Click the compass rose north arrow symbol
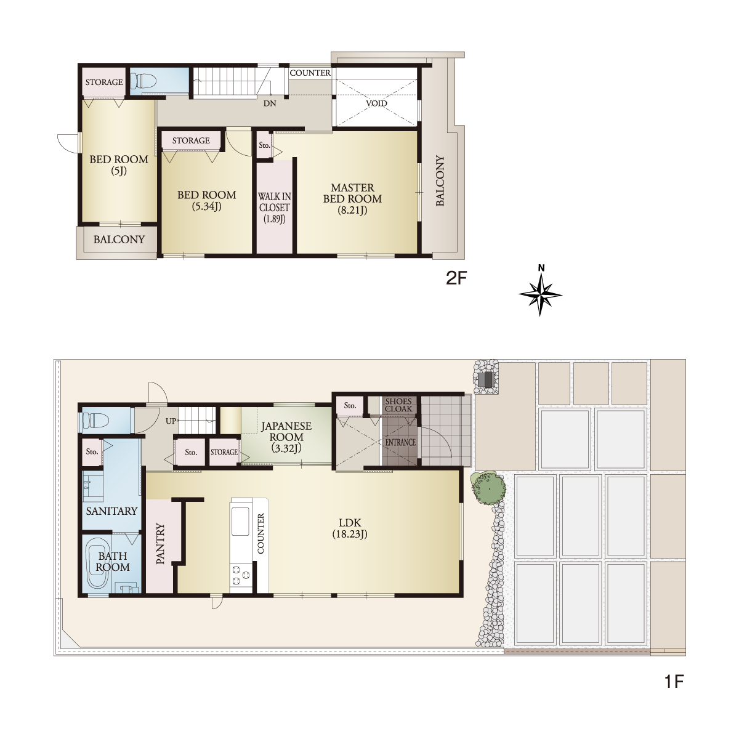[540, 293]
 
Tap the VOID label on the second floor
[376, 103]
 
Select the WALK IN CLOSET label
[275, 208]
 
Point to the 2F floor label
[456, 278]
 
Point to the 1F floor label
[674, 682]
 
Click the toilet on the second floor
[143, 81]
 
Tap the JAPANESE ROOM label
[286, 437]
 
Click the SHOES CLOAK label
[398, 405]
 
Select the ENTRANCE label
[400, 442]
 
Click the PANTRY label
[160, 544]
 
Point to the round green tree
[488, 488]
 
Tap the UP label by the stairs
[171, 421]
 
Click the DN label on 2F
[270, 103]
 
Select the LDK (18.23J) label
[350, 528]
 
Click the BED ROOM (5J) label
[119, 165]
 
